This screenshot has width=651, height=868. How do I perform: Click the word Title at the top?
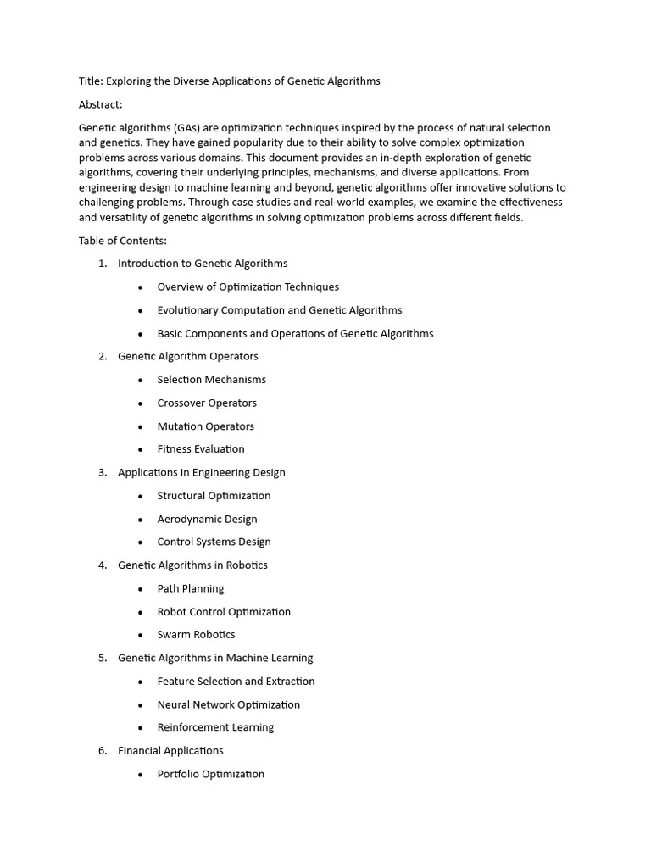[x=90, y=81]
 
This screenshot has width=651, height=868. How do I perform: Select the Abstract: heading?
[x=101, y=104]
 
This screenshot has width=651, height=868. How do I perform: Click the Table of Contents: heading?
[x=123, y=241]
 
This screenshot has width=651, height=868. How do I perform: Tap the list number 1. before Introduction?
[x=103, y=264]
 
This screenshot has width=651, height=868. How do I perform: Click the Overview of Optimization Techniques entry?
[x=248, y=287]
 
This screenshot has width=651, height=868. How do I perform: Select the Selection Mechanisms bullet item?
[x=211, y=380]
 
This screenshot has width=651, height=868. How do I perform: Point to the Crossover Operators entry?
[x=207, y=403]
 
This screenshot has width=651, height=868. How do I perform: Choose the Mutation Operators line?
[x=205, y=426]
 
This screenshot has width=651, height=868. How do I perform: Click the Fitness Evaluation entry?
[x=201, y=449]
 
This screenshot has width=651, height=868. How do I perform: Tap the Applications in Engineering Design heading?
[x=201, y=472]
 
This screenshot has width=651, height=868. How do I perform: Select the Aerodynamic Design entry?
[x=207, y=519]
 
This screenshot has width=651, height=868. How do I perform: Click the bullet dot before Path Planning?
[x=141, y=589]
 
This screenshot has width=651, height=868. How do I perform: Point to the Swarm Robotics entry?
[x=196, y=635]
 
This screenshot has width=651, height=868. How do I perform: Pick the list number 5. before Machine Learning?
[x=103, y=658]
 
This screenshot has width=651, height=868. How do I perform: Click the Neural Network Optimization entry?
[x=228, y=704]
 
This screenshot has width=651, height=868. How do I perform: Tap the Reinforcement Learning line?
[x=215, y=727]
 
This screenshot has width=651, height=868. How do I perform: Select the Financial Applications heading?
[x=170, y=750]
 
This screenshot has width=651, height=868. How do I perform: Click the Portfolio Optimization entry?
[x=210, y=774]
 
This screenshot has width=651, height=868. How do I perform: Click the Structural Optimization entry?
[x=214, y=496]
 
